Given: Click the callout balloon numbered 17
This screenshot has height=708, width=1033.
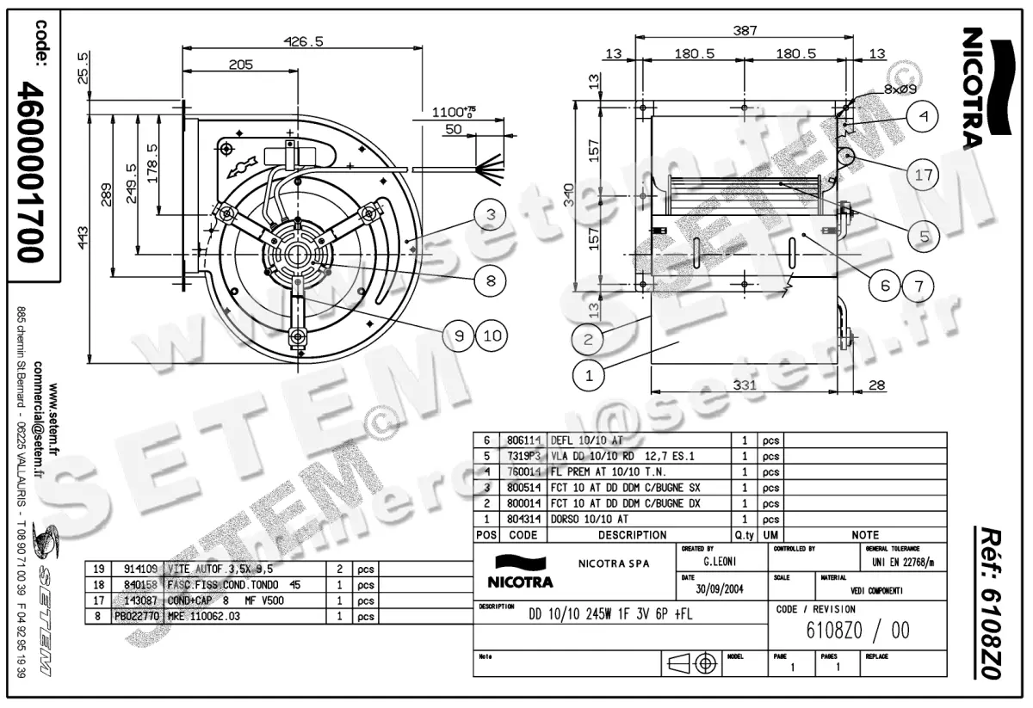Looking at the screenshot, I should (924, 175).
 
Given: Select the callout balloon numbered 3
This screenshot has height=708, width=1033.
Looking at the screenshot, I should (489, 215).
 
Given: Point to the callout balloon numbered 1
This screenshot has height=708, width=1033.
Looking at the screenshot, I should (589, 374).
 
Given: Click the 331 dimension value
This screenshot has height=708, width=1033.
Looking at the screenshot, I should (745, 385).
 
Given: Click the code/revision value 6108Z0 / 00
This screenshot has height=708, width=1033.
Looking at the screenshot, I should (857, 631).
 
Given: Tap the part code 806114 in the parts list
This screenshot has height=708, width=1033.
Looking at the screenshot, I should (523, 439).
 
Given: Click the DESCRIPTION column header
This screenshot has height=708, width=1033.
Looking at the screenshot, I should (632, 534).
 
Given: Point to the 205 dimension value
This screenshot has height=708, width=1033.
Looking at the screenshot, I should (241, 65).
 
